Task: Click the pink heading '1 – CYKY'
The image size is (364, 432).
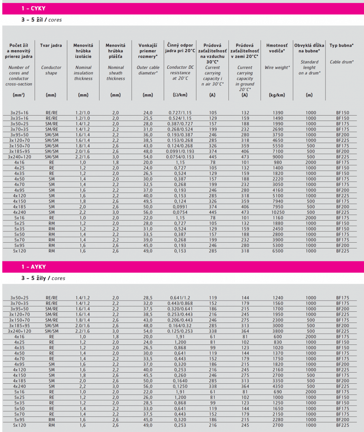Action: (34, 8)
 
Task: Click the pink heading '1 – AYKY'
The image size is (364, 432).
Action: (34, 267)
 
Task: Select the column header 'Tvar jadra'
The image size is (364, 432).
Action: (51, 45)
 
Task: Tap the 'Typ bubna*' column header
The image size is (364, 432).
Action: (341, 45)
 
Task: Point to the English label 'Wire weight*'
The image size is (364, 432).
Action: (277, 67)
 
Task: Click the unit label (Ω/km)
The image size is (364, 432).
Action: (180, 95)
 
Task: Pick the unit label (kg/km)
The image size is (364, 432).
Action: (277, 95)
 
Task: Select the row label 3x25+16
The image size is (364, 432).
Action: (19, 113)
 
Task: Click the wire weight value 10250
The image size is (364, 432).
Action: (278, 212)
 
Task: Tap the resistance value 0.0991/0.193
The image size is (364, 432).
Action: (181, 152)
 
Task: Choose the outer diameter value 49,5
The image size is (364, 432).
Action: (148, 201)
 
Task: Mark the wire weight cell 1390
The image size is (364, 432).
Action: (278, 113)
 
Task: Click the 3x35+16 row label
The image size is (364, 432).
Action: (19, 118)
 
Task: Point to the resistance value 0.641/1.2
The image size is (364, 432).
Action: (180, 298)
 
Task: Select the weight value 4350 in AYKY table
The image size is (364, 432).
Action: (278, 386)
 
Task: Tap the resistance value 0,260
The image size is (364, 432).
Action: (180, 375)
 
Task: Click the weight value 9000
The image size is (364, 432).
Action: (278, 157)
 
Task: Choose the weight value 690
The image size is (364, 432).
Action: (278, 392)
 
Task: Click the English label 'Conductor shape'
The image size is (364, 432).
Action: (51, 70)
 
